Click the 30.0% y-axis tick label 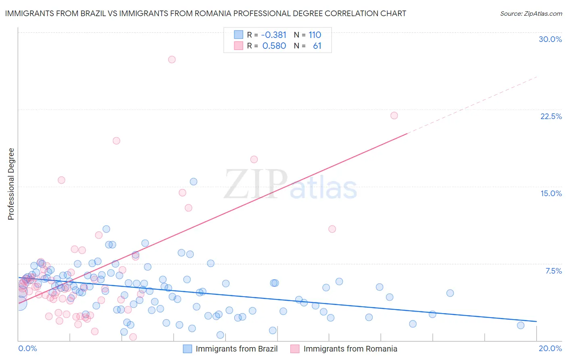[x=550, y=39]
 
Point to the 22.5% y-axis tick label [x=551, y=116]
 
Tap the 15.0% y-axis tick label [x=551, y=193]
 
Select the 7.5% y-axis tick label [x=553, y=271]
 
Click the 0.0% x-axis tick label [x=27, y=348]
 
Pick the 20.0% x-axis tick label [x=550, y=348]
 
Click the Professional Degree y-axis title [x=11, y=184]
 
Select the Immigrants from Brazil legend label [x=236, y=349]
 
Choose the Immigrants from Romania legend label [x=350, y=349]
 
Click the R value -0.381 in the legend [x=273, y=35]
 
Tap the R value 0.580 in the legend [x=274, y=46]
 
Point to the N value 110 [x=315, y=35]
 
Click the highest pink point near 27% [x=172, y=59]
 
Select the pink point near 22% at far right [x=394, y=115]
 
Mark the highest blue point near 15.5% [x=194, y=182]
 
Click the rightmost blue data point [x=521, y=325]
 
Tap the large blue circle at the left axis [x=19, y=303]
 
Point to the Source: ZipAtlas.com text [x=531, y=13]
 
